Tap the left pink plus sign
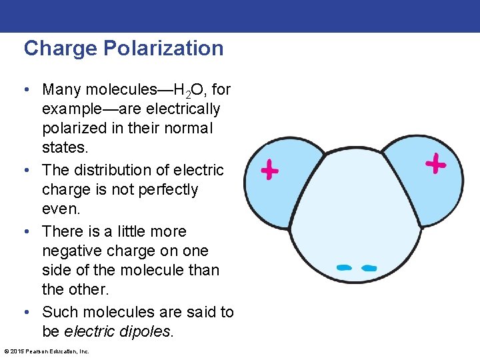(x=269, y=171)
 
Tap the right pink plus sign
(x=435, y=163)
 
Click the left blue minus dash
(x=344, y=267)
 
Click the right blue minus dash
(x=369, y=268)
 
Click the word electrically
(x=180, y=109)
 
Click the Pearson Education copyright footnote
(x=47, y=351)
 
